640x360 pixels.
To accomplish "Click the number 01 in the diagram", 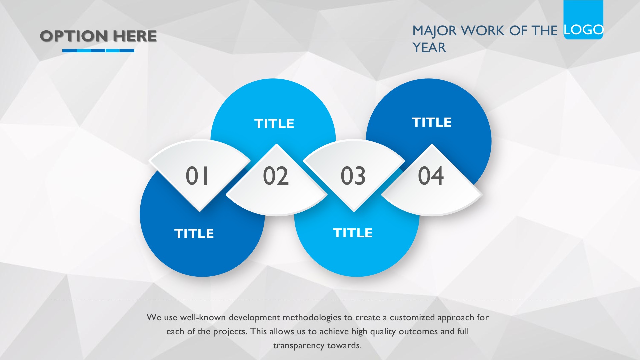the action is (x=197, y=176).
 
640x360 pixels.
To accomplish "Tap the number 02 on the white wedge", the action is (x=276, y=176).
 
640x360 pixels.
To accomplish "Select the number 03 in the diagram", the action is (x=353, y=176).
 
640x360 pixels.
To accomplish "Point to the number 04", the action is (x=431, y=176).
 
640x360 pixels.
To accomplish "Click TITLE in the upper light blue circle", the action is (x=274, y=124).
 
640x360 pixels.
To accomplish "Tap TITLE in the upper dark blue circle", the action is (x=432, y=122).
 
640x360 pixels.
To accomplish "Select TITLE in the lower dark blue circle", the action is (x=194, y=234).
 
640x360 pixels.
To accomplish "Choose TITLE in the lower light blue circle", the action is (x=353, y=233).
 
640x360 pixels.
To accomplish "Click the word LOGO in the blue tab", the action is (x=584, y=30).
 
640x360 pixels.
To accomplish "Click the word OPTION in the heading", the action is (x=74, y=36).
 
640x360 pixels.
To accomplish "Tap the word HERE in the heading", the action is (x=135, y=36).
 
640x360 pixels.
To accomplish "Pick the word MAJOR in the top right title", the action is (x=435, y=31).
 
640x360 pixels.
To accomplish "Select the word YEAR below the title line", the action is (x=429, y=48).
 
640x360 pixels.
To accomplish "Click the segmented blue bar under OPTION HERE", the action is (x=98, y=51).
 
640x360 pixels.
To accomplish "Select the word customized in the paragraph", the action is (x=412, y=317).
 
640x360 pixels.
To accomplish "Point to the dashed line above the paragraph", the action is (x=318, y=301).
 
